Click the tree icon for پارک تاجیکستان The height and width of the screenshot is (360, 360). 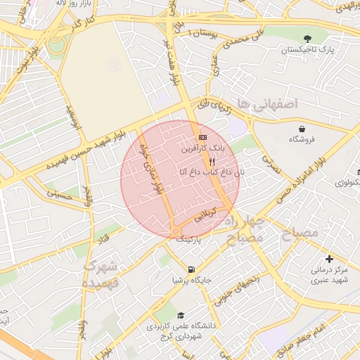coord(307,38)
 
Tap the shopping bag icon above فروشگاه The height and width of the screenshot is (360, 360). coord(302,129)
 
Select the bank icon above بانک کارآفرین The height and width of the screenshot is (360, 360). coord(203,136)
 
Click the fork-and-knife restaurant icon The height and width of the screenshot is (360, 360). coord(203,161)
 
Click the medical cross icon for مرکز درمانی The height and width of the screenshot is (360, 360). coord(329,259)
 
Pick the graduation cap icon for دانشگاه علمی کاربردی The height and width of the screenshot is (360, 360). coord(181,315)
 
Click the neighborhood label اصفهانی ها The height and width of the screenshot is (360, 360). coord(269,104)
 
